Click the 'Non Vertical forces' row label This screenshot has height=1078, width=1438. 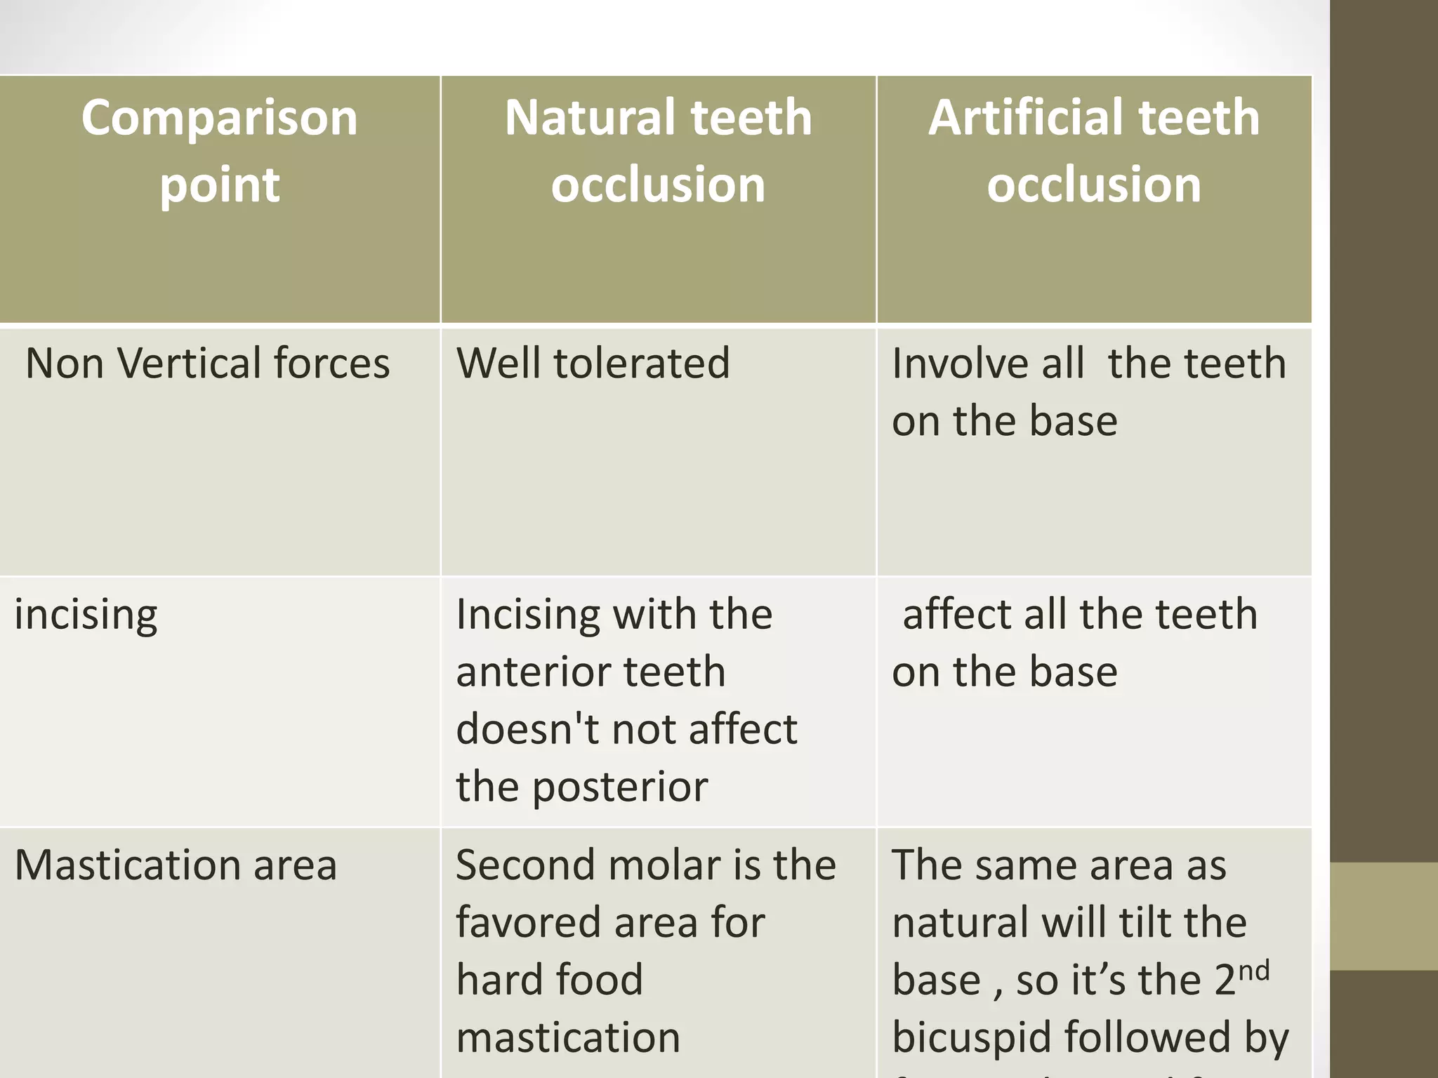[207, 364]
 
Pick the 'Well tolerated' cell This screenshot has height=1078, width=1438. [593, 364]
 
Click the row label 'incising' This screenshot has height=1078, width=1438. [86, 615]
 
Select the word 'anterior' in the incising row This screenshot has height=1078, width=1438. [534, 672]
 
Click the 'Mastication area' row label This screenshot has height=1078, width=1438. [176, 865]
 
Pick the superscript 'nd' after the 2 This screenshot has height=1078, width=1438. [1253, 971]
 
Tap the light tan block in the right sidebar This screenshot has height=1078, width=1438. [1384, 916]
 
